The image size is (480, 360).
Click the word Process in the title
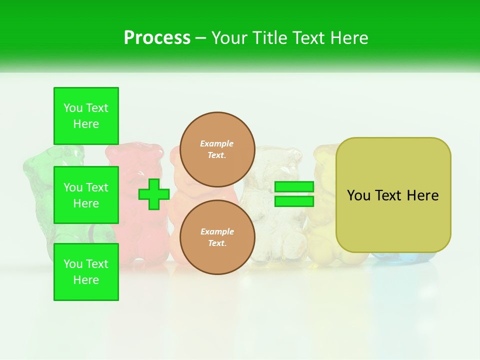coord(157,38)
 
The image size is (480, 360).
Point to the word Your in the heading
coord(230,38)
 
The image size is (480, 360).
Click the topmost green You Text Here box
coord(86,116)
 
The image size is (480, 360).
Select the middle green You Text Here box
coord(86,195)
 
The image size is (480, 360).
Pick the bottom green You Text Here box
coord(86,272)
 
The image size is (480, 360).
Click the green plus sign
coord(153,194)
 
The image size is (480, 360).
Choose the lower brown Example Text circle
coord(217,237)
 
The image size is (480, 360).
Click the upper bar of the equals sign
coord(294,187)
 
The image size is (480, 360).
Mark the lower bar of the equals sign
coord(294,201)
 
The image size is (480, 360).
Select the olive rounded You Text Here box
coord(393,195)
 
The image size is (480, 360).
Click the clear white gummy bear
coord(272,210)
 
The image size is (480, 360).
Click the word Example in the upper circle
coord(217,143)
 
